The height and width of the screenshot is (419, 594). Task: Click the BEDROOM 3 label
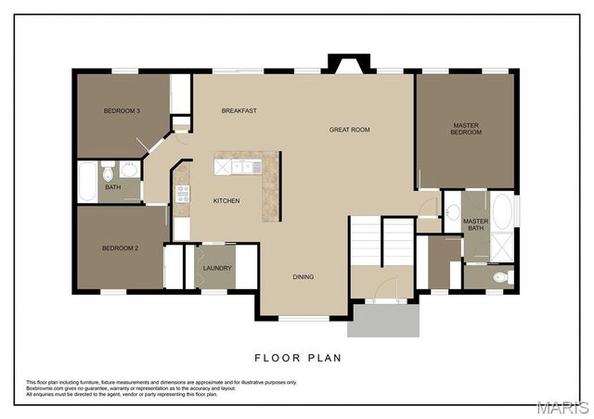[122, 111]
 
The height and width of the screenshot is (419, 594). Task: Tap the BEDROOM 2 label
[120, 248]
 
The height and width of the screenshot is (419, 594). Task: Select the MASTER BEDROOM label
[466, 129]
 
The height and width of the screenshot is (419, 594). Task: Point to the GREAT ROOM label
[349, 130]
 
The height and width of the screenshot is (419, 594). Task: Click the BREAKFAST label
[239, 111]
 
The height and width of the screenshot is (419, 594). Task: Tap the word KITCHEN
[226, 201]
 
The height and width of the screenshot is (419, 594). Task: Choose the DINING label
[303, 277]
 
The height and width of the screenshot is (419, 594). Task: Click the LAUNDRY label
[217, 269]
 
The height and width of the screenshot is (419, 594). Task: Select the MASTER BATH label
[475, 224]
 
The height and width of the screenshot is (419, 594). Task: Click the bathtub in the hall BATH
[86, 182]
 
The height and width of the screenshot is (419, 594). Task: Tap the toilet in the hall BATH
[108, 172]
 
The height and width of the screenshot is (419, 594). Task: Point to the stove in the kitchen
[183, 194]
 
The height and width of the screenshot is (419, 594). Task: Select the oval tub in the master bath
[502, 212]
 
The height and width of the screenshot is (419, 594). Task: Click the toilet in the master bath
[500, 276]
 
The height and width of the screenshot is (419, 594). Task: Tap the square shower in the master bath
[502, 246]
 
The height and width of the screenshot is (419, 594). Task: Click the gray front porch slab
[383, 321]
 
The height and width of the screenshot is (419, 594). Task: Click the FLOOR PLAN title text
[296, 357]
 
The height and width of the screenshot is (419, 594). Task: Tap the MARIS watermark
[562, 407]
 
